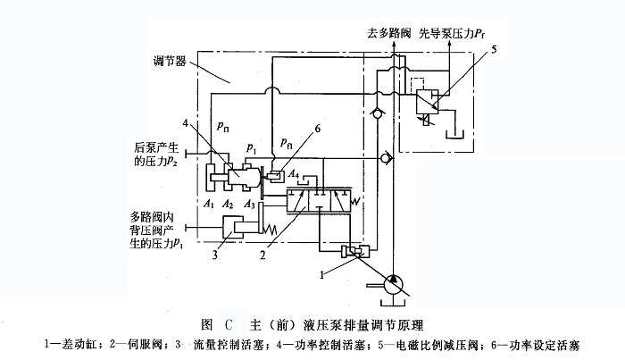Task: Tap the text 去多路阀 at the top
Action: (362, 33)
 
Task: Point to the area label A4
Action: (295, 174)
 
